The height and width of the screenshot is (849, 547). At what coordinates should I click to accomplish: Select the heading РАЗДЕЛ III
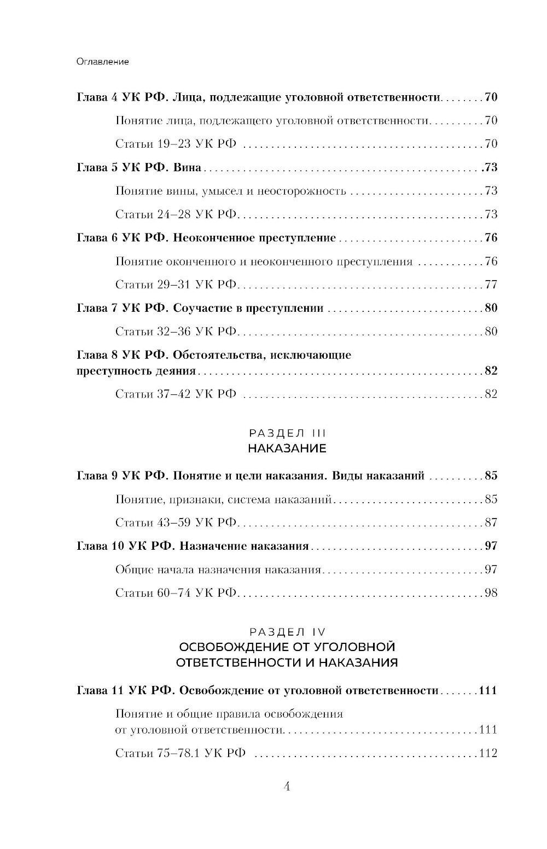(287, 433)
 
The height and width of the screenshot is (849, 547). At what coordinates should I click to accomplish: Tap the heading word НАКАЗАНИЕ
(287, 449)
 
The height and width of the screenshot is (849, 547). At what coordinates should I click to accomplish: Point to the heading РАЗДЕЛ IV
(287, 631)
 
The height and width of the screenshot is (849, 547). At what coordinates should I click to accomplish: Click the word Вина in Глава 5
(187, 167)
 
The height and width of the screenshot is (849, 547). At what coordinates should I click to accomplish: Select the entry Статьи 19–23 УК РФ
(176, 144)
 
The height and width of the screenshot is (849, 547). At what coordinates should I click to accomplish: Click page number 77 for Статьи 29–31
(491, 284)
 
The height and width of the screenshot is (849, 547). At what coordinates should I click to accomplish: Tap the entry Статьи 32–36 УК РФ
(176, 332)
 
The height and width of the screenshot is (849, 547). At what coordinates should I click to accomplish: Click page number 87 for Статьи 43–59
(491, 522)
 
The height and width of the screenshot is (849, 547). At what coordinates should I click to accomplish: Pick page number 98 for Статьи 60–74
(491, 593)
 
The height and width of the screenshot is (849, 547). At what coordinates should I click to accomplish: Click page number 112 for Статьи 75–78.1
(487, 753)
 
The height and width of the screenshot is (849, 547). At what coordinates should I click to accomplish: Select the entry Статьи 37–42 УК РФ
(176, 394)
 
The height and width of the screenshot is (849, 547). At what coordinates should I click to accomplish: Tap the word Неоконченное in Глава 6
(214, 238)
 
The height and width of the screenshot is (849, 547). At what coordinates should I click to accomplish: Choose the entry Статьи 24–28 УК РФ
(176, 214)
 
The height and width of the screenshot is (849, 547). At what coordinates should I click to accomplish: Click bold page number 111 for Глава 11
(487, 690)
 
